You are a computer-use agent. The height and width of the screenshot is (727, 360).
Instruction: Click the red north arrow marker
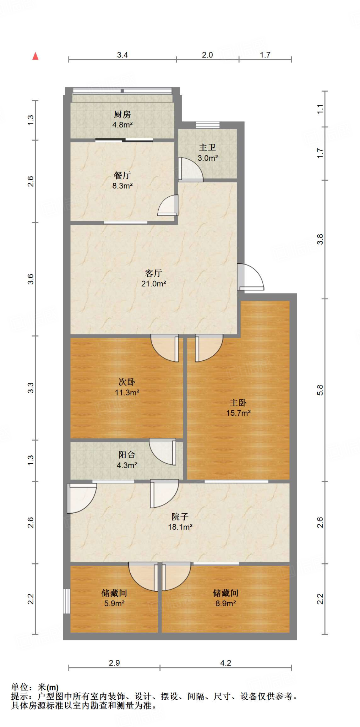(35, 56)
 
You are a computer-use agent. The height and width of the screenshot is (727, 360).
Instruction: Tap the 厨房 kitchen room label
(122, 114)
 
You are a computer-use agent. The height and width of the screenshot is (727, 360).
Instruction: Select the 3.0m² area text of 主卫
(208, 158)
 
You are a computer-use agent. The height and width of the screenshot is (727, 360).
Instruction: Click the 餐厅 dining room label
(122, 175)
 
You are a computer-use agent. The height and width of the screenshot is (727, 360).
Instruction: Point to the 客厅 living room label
(154, 273)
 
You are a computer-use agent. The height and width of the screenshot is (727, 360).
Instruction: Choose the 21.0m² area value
(154, 284)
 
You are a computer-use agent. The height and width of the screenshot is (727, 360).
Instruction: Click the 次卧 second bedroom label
(127, 382)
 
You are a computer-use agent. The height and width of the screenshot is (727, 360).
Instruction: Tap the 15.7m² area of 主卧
(239, 413)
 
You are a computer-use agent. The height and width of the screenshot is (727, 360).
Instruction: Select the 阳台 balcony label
(127, 455)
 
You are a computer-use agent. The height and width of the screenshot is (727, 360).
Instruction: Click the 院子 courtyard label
(180, 516)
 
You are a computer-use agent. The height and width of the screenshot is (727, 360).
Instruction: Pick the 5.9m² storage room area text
(114, 603)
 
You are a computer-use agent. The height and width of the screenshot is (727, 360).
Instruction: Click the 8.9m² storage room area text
(226, 603)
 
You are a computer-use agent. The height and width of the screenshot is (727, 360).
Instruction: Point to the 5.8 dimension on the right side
(320, 390)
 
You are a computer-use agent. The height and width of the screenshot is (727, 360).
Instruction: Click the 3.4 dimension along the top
(122, 55)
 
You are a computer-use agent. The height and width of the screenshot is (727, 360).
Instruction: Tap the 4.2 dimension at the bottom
(226, 663)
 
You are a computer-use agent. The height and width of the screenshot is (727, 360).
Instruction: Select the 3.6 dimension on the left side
(31, 279)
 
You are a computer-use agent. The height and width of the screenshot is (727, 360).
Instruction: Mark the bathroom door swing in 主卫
(191, 169)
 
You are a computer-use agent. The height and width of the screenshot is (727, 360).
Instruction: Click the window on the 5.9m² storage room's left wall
(66, 601)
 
